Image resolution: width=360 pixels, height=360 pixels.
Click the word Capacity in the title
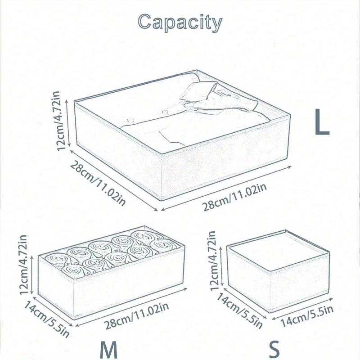click(x=180, y=22)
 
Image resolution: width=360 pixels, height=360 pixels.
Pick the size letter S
click(x=274, y=349)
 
